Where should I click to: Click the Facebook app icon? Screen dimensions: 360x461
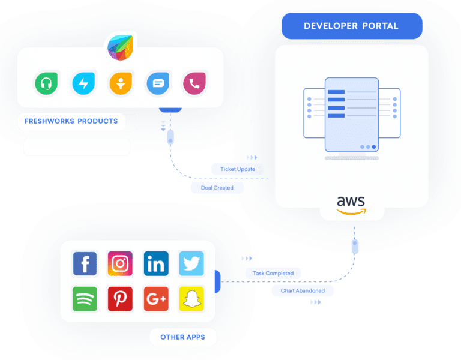85,263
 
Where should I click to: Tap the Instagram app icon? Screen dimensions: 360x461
120,263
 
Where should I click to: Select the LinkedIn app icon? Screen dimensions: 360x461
156,263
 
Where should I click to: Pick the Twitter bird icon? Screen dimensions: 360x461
191,263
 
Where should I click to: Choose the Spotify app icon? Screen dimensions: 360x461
85,299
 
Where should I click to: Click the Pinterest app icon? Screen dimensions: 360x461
120,299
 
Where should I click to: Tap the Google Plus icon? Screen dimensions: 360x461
156,299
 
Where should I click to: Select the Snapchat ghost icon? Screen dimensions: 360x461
191,299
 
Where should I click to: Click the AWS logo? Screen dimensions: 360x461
351,205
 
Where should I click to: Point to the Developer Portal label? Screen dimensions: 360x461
351,26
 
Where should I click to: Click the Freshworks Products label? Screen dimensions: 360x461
71,121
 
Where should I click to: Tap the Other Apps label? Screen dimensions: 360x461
182,337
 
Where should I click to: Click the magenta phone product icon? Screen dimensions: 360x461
194,83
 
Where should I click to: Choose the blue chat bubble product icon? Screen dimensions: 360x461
157,83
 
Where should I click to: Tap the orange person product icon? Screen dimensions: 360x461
120,83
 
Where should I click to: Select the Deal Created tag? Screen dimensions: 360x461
217,188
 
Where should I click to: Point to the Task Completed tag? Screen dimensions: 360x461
273,273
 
